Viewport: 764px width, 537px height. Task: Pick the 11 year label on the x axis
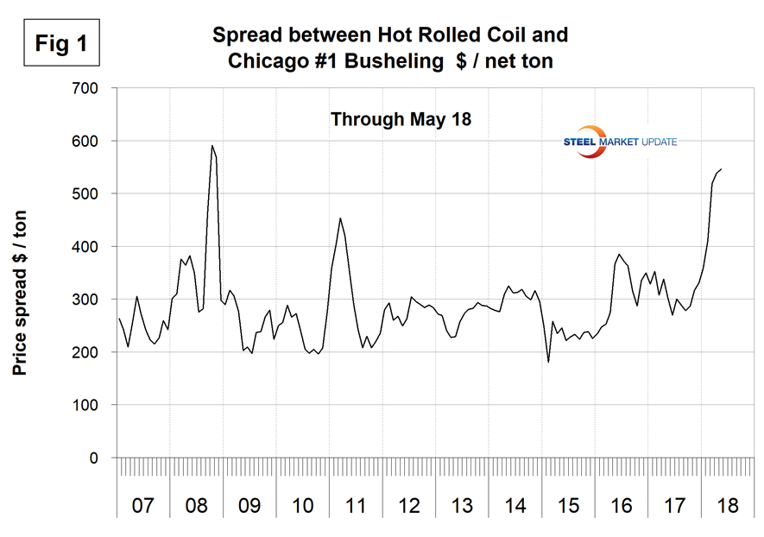point(356,505)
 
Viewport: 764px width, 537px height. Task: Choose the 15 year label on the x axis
point(568,505)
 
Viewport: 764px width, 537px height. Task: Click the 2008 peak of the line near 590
point(212,146)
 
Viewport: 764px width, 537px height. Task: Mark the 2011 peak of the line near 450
point(340,218)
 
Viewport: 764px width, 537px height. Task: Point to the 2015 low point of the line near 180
point(548,362)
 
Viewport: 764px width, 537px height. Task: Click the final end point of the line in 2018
point(721,169)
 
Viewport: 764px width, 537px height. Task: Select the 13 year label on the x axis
point(462,505)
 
